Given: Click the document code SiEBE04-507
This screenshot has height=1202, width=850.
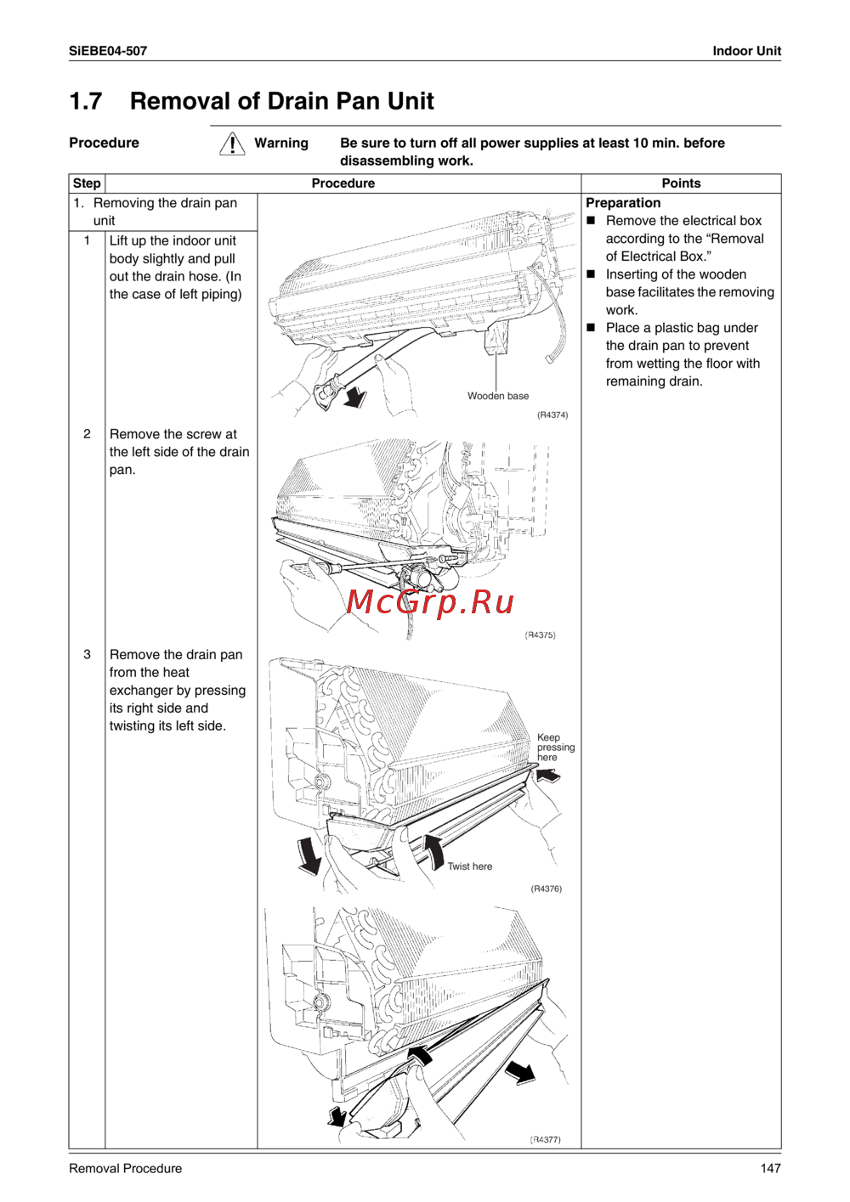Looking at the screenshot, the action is [x=108, y=51].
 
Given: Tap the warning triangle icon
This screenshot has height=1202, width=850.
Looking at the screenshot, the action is [x=232, y=144].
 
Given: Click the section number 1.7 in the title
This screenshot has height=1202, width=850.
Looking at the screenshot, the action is [x=86, y=101].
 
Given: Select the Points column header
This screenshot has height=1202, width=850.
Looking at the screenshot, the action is [x=681, y=183].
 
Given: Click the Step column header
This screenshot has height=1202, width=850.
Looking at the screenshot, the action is [x=87, y=183].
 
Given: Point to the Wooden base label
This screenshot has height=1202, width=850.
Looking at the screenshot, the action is [x=498, y=396].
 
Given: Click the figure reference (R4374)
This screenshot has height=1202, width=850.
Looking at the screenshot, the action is [x=552, y=415].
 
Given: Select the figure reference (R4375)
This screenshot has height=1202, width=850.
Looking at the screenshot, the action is [x=541, y=635].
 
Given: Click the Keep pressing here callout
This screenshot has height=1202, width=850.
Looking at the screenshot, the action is [x=556, y=747].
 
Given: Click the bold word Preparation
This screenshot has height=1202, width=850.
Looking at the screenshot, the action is [x=623, y=203].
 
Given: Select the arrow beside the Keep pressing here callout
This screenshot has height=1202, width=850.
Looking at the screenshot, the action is [x=547, y=775].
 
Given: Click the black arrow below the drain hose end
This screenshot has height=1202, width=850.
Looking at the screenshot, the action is [x=355, y=398].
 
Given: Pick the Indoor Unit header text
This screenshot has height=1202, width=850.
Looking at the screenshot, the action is [x=746, y=51].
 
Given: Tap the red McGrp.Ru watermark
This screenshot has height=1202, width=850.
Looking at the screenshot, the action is [x=430, y=602].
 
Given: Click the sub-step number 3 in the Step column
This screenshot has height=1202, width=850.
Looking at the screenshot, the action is [x=87, y=655].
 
